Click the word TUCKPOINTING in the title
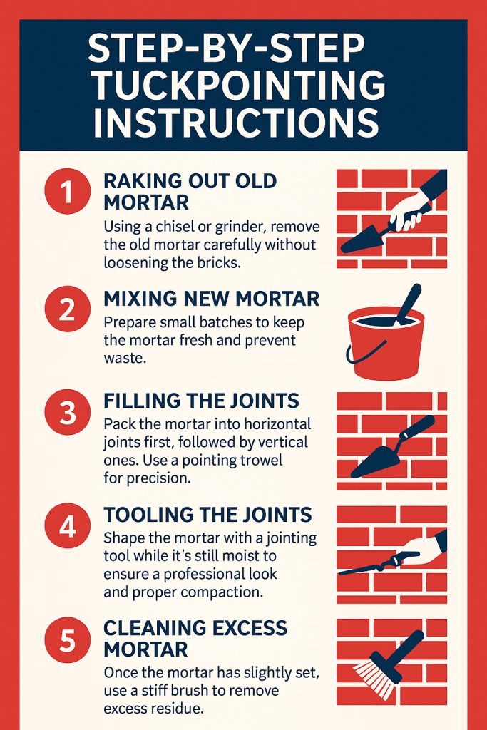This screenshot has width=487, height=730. click(x=239, y=86)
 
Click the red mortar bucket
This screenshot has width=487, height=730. click(x=385, y=346)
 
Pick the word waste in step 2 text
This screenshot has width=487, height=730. click(x=125, y=359)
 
